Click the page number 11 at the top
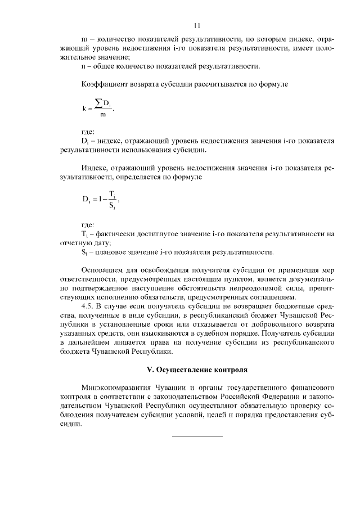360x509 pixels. pyautogui.click(x=196, y=25)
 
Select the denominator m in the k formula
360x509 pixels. pyautogui.click(x=102, y=115)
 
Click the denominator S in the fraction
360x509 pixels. pyautogui.click(x=112, y=206)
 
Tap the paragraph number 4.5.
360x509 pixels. pyautogui.click(x=88, y=307)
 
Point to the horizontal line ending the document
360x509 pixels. pyautogui.click(x=196, y=436)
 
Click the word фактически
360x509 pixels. pyautogui.click(x=113, y=233)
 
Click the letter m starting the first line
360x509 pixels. pyautogui.click(x=84, y=39)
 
